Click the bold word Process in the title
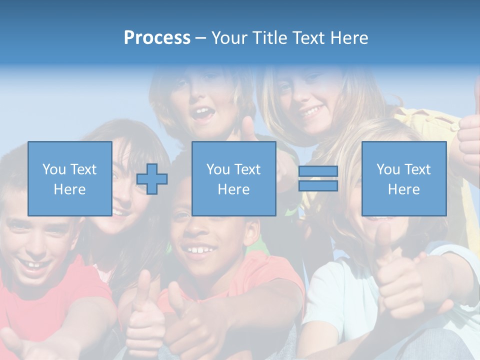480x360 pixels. pos(157,37)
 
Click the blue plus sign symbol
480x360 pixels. pos(152,179)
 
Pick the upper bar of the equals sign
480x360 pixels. pos(318,171)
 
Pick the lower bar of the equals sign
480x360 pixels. pos(318,186)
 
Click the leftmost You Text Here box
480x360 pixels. pos(69,178)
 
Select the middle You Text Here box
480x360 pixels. pos(233,178)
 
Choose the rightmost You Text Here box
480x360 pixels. pos(403,178)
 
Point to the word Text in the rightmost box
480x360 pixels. pos(417,169)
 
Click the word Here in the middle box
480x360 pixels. pos(233,189)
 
